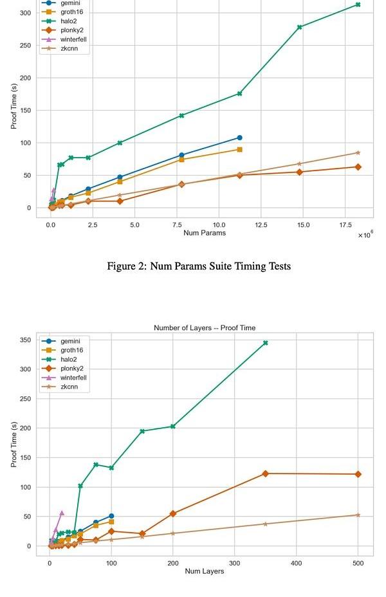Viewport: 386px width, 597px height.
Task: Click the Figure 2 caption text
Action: [199, 266]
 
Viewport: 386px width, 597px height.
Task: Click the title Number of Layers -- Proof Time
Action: [205, 328]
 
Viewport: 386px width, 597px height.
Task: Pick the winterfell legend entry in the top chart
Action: [73, 39]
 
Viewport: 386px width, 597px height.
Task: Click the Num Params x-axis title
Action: [205, 233]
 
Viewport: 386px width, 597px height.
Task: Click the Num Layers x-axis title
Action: [205, 571]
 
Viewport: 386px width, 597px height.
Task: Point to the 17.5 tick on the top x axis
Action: [345, 225]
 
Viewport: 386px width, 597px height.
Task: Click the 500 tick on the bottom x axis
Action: [358, 563]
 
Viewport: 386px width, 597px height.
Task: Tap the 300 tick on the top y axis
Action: [26, 13]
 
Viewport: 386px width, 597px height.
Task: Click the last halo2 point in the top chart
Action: [358, 5]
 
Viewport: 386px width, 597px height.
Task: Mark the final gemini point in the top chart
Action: [239, 138]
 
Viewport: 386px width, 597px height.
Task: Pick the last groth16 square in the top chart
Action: [239, 149]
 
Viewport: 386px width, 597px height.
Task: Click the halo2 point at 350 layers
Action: [265, 343]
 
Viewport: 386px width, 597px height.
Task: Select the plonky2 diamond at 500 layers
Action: [358, 474]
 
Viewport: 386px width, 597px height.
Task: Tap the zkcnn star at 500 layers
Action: [358, 515]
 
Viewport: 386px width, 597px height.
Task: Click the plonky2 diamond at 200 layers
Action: [172, 513]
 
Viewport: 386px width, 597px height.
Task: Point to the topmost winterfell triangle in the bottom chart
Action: [62, 513]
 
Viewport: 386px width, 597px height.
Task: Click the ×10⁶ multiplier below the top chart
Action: [365, 235]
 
